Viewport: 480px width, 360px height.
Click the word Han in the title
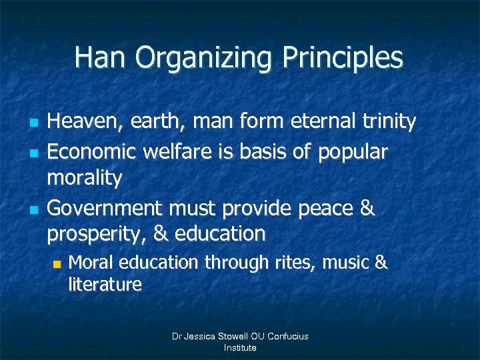pyautogui.click(x=101, y=57)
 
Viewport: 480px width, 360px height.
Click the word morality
pyautogui.click(x=85, y=179)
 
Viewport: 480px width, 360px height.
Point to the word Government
pyautogui.click(x=105, y=208)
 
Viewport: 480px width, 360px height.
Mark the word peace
pyautogui.click(x=323, y=208)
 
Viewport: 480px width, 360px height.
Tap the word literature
pyautogui.click(x=105, y=285)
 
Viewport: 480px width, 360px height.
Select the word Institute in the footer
pyautogui.click(x=240, y=348)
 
